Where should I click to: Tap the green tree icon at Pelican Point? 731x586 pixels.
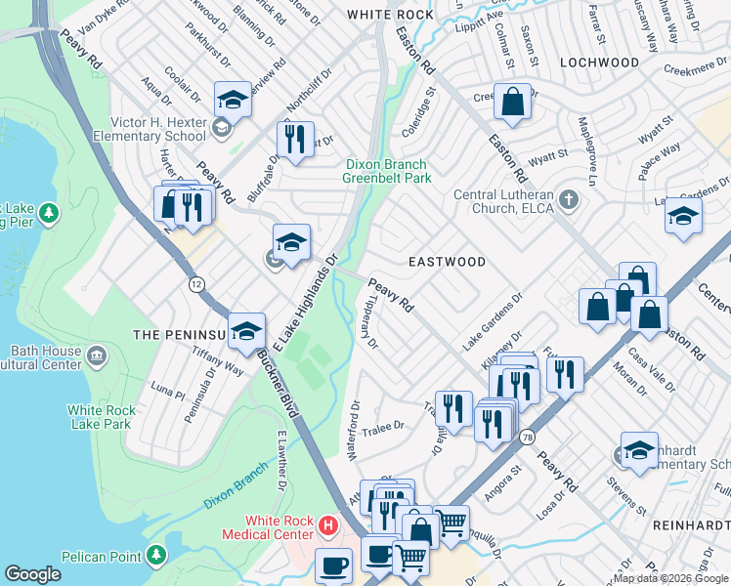point(155,556)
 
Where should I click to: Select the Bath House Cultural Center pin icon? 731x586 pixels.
point(96,353)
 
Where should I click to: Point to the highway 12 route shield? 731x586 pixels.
point(196,283)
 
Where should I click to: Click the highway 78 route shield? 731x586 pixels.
point(528,436)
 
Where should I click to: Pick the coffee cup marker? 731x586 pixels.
point(334,564)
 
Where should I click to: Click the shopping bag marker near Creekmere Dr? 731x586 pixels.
point(512,101)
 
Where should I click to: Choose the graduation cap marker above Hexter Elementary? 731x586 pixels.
point(233,99)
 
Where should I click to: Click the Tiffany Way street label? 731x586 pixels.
point(218,366)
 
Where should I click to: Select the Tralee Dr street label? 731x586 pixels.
point(384,427)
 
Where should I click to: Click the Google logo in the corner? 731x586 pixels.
point(33,574)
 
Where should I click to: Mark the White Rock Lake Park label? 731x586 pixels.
point(100,417)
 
